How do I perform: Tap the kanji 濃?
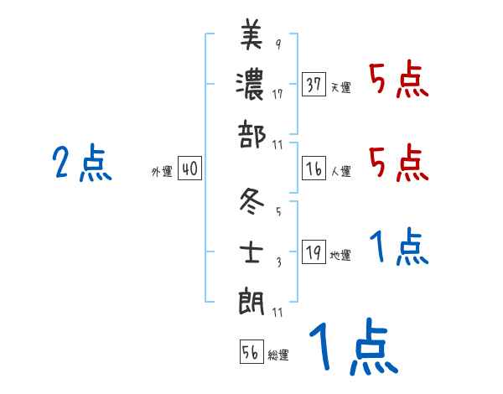pos(251,85)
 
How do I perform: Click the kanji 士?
pos(251,251)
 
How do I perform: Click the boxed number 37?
pos(314,85)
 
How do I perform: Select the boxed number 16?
pos(314,168)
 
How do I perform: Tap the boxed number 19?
pos(314,252)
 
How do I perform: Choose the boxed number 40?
pos(189,168)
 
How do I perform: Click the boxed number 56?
pos(251,351)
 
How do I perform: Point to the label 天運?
pos(340,87)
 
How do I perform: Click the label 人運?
pos(340,171)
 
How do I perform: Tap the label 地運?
pos(340,255)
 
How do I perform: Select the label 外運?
pos(162,171)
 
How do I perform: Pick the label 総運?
pos(278,355)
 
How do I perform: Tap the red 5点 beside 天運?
pos(398,81)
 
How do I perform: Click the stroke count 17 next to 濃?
pos(277,93)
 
